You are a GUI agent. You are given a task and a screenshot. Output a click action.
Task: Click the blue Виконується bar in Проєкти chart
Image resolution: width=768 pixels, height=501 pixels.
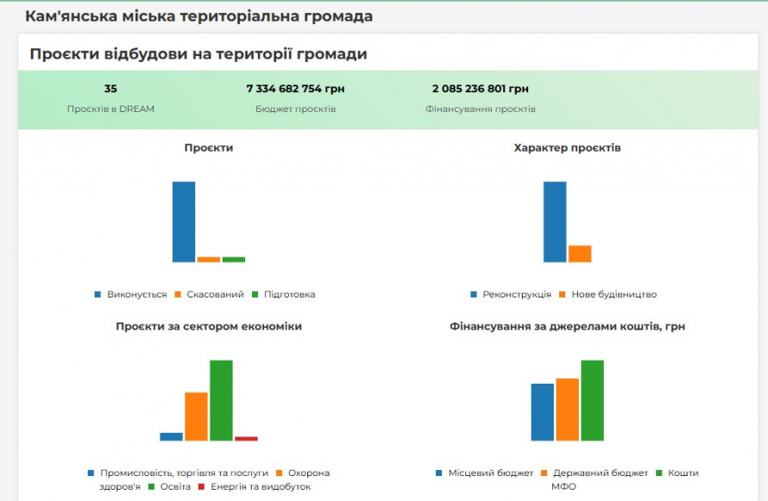184,222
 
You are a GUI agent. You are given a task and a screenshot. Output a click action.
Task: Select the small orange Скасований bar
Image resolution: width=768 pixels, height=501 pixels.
209,259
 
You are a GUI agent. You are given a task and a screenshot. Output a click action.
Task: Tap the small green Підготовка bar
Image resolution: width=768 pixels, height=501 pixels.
234,259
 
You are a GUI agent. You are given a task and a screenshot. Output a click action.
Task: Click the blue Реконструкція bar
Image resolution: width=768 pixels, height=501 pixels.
555,222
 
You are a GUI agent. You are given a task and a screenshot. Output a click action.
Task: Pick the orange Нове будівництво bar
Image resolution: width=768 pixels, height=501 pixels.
580,254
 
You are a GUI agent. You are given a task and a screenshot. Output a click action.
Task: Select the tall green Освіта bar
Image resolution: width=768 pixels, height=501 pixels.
222,400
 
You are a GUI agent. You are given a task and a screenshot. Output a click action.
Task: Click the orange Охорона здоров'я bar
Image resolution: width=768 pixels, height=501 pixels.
197,416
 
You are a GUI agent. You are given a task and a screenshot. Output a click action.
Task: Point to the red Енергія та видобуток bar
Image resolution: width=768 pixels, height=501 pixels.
247,438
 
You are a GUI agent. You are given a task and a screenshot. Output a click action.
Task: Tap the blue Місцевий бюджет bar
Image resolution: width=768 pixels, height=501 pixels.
542,412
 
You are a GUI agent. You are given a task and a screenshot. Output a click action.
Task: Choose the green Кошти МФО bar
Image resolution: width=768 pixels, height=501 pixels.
592,400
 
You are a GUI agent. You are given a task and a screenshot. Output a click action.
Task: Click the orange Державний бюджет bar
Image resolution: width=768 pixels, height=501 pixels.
567,410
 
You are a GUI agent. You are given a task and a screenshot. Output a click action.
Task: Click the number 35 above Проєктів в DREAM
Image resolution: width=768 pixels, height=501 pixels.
110,89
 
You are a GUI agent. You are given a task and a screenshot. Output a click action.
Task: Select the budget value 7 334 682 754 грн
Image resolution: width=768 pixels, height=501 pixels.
295,89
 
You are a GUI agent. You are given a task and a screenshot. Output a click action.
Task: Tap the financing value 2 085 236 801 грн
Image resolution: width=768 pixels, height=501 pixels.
481,89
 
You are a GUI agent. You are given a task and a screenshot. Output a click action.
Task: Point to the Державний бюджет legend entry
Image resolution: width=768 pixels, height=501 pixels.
600,473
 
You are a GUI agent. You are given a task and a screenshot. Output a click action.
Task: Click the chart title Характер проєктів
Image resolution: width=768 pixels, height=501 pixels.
567,148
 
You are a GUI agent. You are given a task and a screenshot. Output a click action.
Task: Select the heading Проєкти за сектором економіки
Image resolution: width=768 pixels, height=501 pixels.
209,327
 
